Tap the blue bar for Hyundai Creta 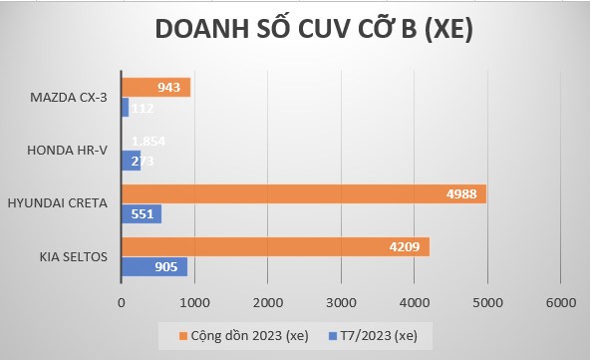pyautogui.click(x=141, y=213)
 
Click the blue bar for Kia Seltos pyautogui.click(x=153, y=266)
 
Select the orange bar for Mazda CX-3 pyautogui.click(x=154, y=88)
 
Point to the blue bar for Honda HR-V pyautogui.click(x=131, y=161)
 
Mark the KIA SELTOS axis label pyautogui.click(x=76, y=256)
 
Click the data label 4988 pyautogui.click(x=463, y=194)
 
